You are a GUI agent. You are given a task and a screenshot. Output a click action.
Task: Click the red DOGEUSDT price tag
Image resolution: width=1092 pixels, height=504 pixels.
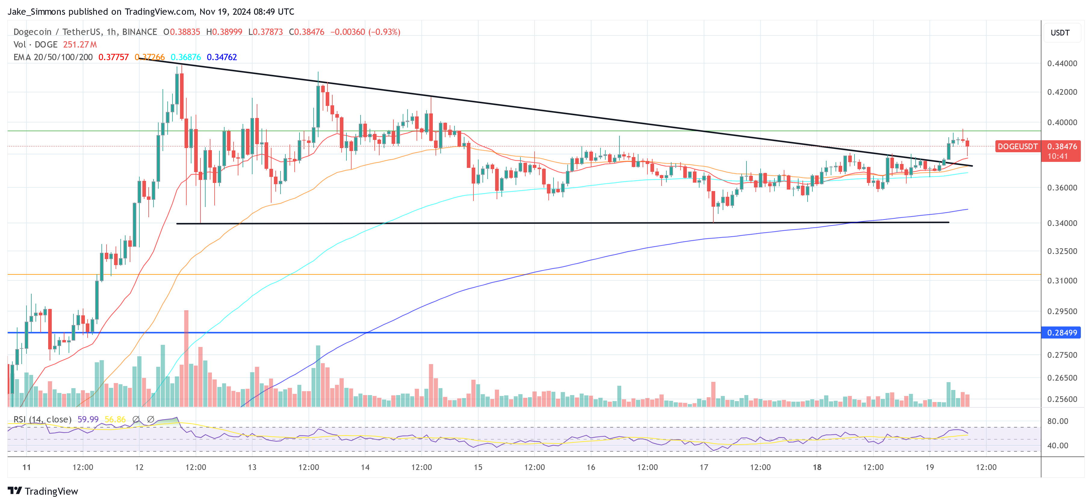(x=1017, y=147)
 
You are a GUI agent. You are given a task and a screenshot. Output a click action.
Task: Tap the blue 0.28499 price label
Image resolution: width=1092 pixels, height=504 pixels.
(x=1062, y=333)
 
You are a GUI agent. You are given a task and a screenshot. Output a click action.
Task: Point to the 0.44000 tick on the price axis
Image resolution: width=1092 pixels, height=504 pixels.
(x=1062, y=63)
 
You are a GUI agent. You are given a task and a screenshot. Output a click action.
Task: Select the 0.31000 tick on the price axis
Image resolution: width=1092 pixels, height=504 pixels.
(x=1062, y=281)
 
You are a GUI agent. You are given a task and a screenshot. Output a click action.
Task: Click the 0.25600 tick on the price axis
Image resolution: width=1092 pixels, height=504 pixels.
(x=1062, y=399)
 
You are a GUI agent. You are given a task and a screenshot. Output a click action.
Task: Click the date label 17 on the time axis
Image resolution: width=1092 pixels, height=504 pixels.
(x=704, y=467)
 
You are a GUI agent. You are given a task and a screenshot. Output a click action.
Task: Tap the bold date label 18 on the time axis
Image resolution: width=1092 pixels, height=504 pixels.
(x=817, y=467)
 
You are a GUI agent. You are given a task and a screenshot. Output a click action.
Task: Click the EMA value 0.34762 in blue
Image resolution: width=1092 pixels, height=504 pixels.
(x=222, y=57)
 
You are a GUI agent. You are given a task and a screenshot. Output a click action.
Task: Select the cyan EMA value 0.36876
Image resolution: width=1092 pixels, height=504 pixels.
(x=186, y=57)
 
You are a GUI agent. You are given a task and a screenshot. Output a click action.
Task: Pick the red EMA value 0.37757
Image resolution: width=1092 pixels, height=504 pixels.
(x=113, y=57)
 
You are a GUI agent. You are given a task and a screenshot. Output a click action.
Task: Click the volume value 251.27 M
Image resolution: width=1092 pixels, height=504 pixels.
(x=80, y=45)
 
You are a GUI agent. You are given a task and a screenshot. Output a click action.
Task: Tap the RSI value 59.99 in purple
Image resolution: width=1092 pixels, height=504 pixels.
(x=88, y=419)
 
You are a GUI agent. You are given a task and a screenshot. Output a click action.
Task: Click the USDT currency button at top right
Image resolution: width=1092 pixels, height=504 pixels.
(x=1060, y=32)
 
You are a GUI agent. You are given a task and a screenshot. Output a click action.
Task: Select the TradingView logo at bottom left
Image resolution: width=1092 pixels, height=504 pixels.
(x=43, y=491)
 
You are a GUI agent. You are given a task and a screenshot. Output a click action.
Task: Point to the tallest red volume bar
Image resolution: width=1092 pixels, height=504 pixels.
(x=186, y=358)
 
